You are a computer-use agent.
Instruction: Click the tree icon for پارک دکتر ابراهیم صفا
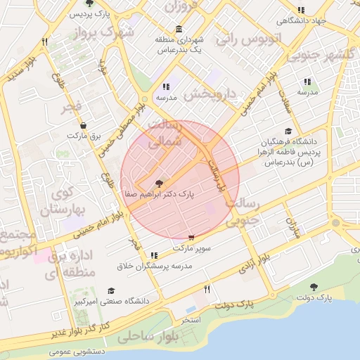click(x=159, y=182)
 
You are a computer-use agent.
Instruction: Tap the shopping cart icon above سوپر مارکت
click(x=191, y=238)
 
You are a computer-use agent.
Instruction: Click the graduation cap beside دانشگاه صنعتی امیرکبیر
click(x=111, y=290)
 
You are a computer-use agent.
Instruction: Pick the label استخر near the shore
click(x=192, y=319)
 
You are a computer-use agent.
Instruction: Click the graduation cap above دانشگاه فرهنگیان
click(x=288, y=131)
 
